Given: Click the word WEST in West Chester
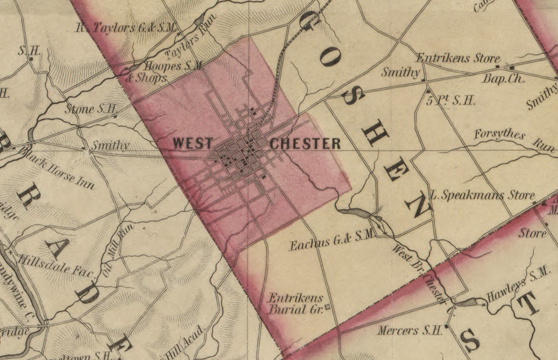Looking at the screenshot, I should point(193,144).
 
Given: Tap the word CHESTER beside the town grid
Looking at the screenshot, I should point(305,144).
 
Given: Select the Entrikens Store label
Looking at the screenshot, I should point(459,59).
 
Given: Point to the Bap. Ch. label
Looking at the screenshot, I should point(504,78).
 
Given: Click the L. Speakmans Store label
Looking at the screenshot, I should point(483,195).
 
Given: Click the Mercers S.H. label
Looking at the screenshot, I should point(410,330).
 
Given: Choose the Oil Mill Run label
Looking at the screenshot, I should point(118,250).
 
